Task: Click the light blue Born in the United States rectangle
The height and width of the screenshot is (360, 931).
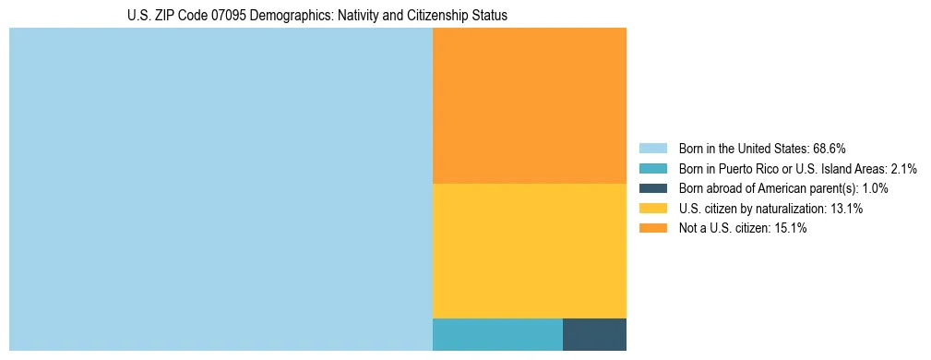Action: click(221, 189)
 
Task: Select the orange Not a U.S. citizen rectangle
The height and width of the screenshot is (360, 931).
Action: click(529, 106)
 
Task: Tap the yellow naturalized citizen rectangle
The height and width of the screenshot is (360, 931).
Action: click(529, 251)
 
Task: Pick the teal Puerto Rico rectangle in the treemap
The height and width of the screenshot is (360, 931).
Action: click(497, 334)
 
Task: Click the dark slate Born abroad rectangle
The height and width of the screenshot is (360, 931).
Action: click(594, 334)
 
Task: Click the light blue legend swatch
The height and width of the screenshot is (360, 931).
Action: click(652, 149)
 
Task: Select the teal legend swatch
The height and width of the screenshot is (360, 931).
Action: click(652, 169)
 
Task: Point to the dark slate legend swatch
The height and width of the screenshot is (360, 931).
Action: click(652, 188)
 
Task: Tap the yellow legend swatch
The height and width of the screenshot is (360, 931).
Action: click(652, 209)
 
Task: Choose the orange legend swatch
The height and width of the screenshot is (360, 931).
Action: click(652, 229)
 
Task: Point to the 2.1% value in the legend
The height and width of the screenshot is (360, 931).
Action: click(902, 169)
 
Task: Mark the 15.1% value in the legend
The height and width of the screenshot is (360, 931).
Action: click(791, 229)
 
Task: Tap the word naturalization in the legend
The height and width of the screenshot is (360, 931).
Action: click(787, 209)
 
